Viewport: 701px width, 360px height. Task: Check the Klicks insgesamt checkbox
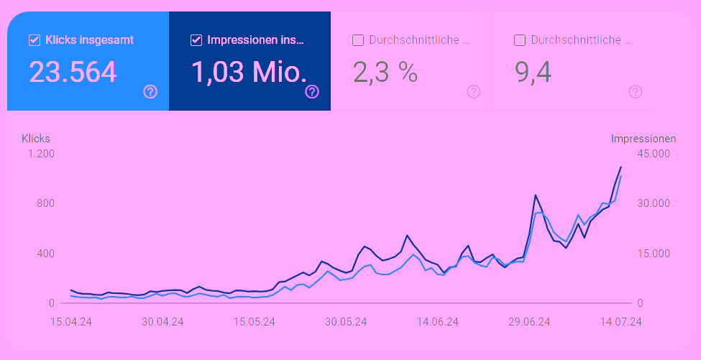tap(34, 40)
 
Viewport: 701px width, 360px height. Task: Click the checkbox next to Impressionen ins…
tap(196, 40)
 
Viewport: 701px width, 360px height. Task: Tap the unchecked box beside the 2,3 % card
tap(358, 40)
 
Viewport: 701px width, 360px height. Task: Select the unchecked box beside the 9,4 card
tap(520, 40)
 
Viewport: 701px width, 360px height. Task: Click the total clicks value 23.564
tap(73, 72)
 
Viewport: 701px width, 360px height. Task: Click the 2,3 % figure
tap(385, 72)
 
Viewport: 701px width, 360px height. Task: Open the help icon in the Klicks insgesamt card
tap(150, 91)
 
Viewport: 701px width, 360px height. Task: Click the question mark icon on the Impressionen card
tap(312, 91)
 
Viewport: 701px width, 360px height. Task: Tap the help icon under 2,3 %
tap(474, 91)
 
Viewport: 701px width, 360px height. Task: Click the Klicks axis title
tap(36, 138)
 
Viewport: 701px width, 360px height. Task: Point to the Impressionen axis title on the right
tap(643, 138)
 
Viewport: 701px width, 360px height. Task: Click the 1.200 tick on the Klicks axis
tap(42, 154)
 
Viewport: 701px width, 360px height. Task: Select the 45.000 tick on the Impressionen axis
tap(654, 154)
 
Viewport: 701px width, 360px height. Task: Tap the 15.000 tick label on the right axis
tap(654, 254)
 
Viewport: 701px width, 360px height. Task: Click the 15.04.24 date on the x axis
tap(70, 322)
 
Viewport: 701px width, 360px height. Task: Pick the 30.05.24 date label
tap(346, 322)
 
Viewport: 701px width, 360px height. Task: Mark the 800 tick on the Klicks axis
tap(45, 203)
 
